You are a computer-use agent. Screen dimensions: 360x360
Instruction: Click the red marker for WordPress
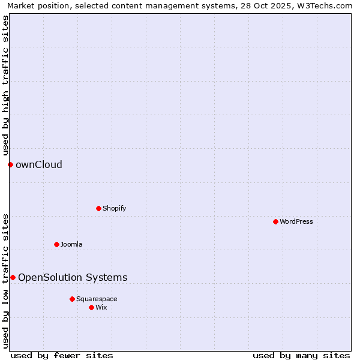point(275,221)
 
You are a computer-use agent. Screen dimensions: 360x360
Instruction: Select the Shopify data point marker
point(98,208)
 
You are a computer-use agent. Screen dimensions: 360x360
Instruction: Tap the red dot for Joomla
point(56,244)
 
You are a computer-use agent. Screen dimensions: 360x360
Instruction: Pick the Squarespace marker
point(72,299)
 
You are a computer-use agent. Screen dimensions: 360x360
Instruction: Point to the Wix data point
point(91,307)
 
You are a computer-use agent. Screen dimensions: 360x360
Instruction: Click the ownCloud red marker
point(10,164)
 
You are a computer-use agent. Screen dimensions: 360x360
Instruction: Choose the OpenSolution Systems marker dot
point(13,277)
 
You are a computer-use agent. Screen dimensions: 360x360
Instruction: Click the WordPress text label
point(296,221)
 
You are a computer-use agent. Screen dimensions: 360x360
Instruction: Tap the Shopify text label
point(114,208)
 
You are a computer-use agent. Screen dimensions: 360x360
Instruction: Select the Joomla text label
point(71,244)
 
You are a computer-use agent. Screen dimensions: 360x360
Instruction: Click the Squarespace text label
point(97,299)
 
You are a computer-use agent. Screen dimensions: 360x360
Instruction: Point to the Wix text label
point(101,307)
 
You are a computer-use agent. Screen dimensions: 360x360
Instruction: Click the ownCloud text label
point(39,164)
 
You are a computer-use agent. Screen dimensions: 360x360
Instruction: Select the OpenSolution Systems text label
point(73,277)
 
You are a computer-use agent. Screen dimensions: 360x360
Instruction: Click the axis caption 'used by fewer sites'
point(62,355)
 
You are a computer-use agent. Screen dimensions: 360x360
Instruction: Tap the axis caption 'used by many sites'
point(301,355)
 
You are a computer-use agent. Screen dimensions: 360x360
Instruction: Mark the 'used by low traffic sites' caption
point(5,281)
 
